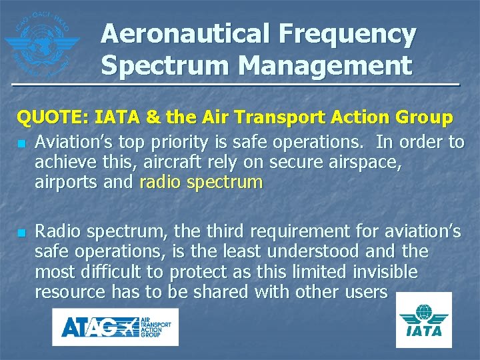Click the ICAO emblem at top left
click(41, 41)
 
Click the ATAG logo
click(115, 327)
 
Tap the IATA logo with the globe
click(423, 319)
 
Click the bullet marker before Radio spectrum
click(22, 233)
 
